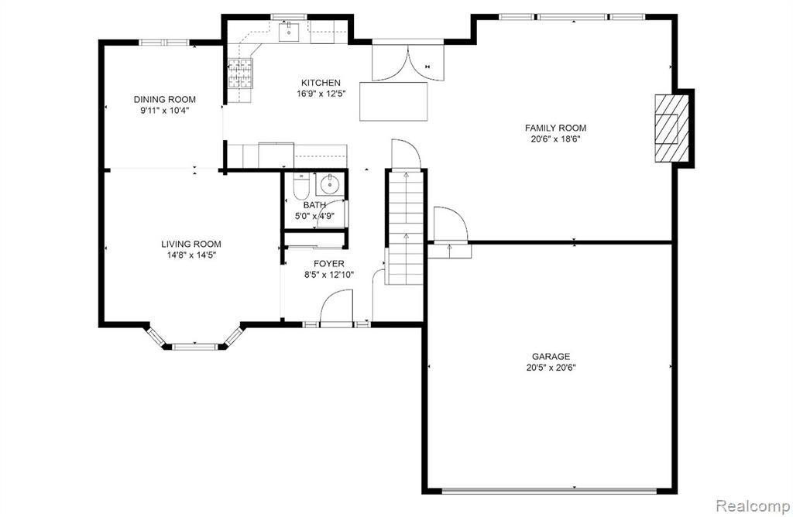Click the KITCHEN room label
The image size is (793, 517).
click(x=321, y=82)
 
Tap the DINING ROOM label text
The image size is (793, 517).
click(x=164, y=100)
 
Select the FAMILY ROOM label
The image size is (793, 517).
click(x=555, y=128)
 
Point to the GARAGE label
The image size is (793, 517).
click(x=551, y=356)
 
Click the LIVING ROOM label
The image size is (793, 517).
click(x=191, y=244)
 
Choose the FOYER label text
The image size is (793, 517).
click(x=328, y=264)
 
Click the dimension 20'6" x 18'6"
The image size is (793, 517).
click(x=555, y=139)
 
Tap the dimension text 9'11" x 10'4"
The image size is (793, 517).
click(x=164, y=111)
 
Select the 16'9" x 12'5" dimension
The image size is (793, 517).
click(x=321, y=94)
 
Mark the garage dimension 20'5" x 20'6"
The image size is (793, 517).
click(x=551, y=368)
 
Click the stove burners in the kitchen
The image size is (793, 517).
click(x=240, y=74)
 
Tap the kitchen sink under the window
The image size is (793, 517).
click(x=290, y=32)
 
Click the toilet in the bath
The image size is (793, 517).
click(x=301, y=187)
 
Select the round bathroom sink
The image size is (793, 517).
click(x=330, y=184)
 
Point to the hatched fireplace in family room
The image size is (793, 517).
click(x=671, y=128)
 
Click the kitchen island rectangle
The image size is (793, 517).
click(x=393, y=101)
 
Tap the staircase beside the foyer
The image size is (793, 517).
click(x=406, y=228)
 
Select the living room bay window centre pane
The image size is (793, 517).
click(x=194, y=347)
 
